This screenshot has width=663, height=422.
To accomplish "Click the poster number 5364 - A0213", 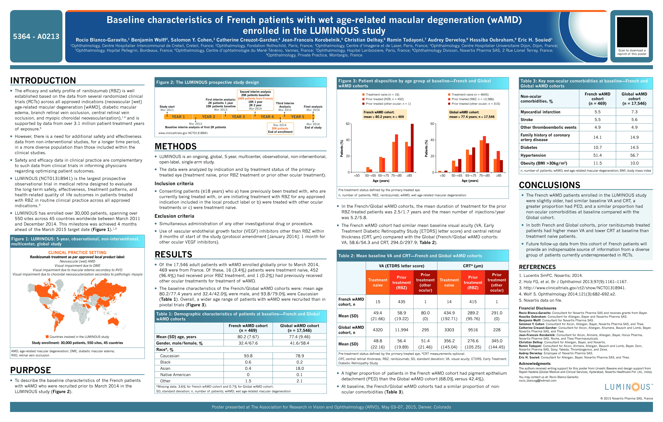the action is (36, 36).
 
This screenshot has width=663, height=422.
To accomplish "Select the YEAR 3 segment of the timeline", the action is (238, 117).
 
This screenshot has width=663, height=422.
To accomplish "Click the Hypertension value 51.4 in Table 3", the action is (597, 155).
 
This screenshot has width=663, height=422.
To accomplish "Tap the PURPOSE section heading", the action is (31, 370).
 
